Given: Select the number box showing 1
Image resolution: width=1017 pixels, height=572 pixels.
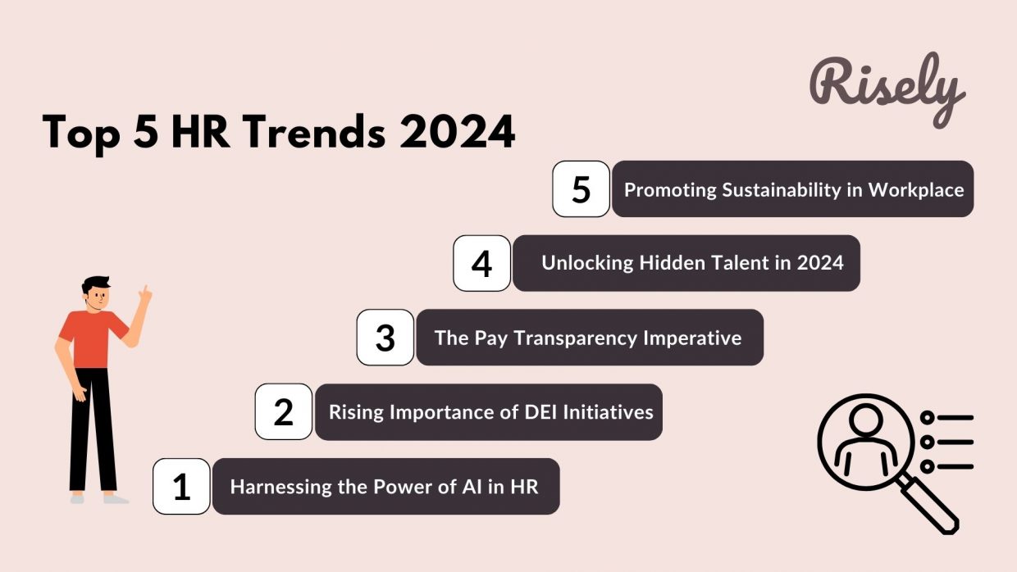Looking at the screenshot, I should coord(181,487).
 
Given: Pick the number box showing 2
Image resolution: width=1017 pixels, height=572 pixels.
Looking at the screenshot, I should coord(283,412).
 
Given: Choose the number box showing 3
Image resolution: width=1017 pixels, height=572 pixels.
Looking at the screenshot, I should coord(385,338).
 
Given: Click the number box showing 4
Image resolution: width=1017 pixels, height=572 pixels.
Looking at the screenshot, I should coord(482,264).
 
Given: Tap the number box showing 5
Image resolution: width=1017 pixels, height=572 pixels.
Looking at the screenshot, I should coord(581,189).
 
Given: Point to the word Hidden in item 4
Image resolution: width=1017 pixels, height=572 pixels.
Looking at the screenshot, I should coord(669,263).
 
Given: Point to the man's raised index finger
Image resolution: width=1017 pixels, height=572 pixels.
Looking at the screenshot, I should coord(146,291).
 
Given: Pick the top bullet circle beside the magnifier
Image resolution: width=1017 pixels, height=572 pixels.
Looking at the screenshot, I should coord(927,418).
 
